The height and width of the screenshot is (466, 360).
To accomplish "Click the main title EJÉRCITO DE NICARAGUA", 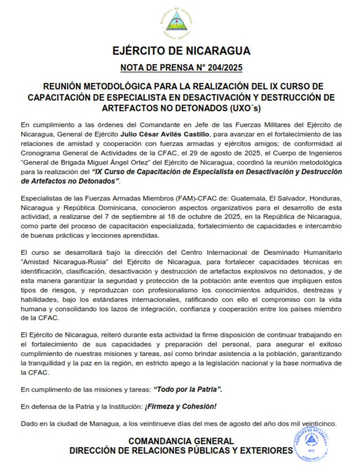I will pos(181,51).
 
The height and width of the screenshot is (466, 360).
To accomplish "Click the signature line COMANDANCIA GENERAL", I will pos(181,441).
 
